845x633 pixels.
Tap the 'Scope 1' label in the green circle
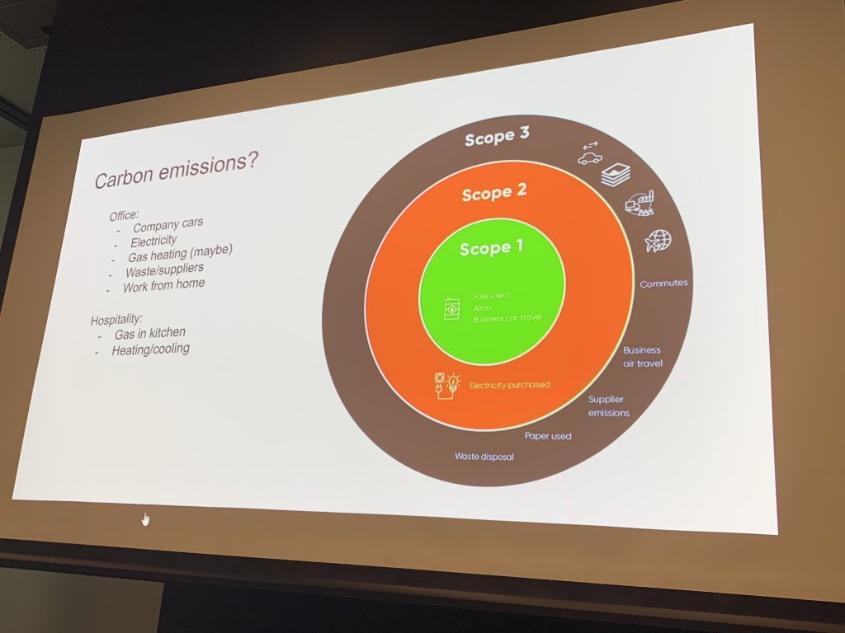491,247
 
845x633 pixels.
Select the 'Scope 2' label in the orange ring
493,194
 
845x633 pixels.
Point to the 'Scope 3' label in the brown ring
496,138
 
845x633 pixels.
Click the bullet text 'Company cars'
168,224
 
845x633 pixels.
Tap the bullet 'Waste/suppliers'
164,270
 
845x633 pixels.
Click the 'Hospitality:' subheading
116,318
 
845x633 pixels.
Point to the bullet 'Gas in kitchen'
149,334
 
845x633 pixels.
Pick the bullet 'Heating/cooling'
150,349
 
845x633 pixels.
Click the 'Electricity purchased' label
509,385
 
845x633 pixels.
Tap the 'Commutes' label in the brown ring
663,284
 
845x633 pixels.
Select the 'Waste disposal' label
484,456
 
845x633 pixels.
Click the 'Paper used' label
548,436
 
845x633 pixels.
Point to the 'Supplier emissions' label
608,406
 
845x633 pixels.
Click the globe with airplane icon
658,241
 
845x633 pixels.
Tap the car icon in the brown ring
590,157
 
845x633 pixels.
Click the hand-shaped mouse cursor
146,518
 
